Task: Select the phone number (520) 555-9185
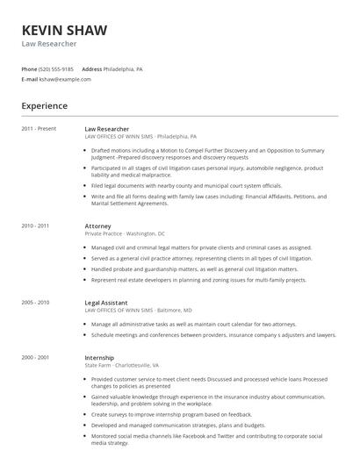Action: coord(56,68)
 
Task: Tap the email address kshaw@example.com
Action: coord(65,79)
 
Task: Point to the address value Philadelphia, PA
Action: coord(123,68)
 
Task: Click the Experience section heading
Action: coord(45,106)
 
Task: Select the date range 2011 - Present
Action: coord(39,129)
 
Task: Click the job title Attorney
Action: coord(97,225)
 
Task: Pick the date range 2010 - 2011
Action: coord(36,225)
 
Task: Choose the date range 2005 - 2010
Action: coord(36,302)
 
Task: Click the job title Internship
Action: coord(99,357)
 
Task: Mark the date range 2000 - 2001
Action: coord(36,357)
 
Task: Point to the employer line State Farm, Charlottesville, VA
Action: coord(121,365)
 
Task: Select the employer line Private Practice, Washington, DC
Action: coord(124,233)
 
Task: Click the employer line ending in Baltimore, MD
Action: coord(138,310)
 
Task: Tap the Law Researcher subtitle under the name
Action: coord(49,44)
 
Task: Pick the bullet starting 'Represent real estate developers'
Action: coord(198,280)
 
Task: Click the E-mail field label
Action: coord(29,79)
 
